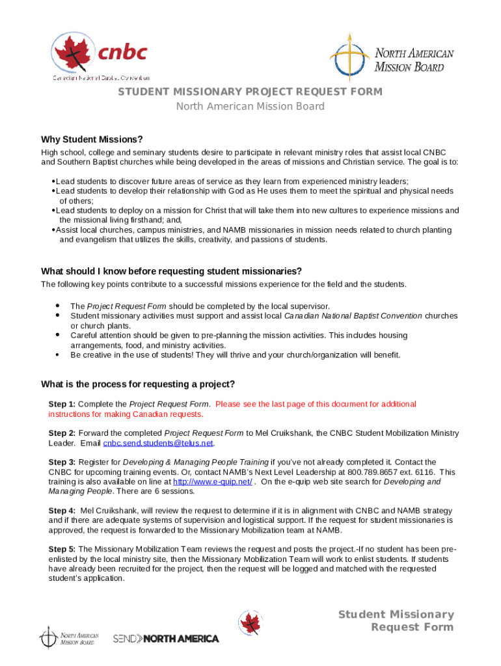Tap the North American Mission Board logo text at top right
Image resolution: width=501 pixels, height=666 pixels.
pos(414,60)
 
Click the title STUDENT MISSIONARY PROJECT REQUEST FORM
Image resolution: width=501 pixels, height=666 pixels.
pos(250,92)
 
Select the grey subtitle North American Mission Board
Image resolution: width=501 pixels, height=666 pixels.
pos(250,107)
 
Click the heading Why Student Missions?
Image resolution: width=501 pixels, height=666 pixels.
pos(92,139)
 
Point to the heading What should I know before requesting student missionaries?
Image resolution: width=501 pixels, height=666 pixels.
pos(171,271)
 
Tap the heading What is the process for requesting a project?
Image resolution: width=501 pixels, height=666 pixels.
pos(138,384)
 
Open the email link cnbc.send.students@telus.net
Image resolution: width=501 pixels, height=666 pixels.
pos(158,443)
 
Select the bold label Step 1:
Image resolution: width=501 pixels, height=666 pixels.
pos(62,404)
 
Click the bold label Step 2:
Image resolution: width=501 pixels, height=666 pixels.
pos(62,433)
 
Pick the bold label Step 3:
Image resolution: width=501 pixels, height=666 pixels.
pos(62,462)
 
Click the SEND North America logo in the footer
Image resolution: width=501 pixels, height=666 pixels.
pos(166,639)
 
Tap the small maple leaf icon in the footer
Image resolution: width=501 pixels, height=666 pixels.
pos(251,623)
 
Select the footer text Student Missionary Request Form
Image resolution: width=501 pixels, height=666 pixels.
pos(396,620)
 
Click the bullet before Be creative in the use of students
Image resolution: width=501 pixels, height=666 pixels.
pos(58,355)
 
